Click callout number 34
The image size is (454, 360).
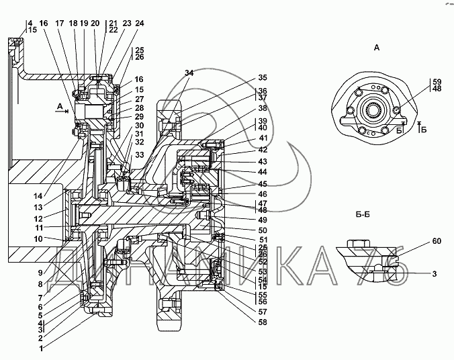click(189, 73)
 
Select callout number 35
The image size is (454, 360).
click(263, 78)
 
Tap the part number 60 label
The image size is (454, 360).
click(437, 241)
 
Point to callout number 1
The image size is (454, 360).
click(41, 349)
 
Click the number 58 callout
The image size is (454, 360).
click(263, 322)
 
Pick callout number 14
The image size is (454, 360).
click(38, 196)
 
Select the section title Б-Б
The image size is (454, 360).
click(363, 215)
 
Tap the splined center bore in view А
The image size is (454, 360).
click(371, 109)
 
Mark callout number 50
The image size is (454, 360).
click(263, 230)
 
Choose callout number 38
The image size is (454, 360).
click(263, 108)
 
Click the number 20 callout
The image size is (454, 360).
click(95, 23)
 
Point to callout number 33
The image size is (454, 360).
click(140, 155)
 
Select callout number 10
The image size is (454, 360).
click(38, 239)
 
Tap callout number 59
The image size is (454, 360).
click(437, 82)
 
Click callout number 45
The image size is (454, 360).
click(263, 184)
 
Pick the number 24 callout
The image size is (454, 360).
click(140, 23)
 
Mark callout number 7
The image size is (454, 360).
click(40, 298)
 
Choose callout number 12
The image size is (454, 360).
click(38, 219)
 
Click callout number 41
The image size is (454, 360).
click(263, 138)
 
